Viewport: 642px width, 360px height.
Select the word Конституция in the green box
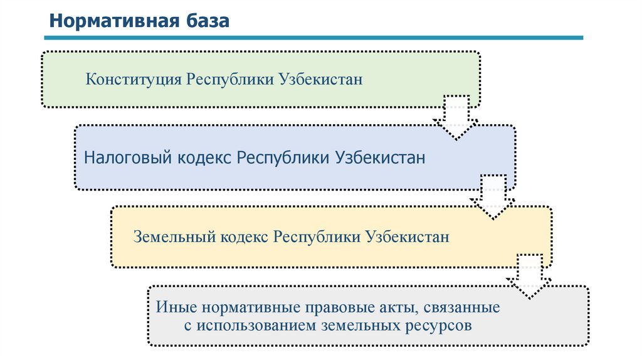[134, 80]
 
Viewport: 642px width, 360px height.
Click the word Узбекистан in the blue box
[381, 157]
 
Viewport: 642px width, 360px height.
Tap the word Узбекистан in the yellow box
[408, 238]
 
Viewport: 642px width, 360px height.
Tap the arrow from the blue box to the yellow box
[493, 197]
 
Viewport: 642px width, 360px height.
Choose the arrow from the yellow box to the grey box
[529, 277]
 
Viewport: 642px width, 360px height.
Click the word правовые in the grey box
[344, 309]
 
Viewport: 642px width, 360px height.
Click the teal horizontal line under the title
[313, 38]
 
